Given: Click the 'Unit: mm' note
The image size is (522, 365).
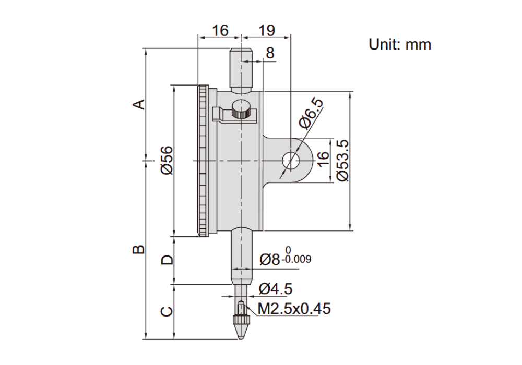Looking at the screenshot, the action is tap(399, 44).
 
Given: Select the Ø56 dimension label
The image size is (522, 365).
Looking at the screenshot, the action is tap(167, 160).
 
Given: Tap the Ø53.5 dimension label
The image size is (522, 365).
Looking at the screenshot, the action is tap(342, 161).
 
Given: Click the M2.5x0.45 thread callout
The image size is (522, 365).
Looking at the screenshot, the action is tap(294, 309).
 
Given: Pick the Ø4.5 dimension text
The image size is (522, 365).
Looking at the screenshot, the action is tap(276, 288).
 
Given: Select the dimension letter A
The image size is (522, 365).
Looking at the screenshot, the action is tap(139, 104).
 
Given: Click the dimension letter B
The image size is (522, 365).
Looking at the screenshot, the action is tap(139, 249).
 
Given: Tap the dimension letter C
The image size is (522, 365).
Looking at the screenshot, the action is tap(167, 311).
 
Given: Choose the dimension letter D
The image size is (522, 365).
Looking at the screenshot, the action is tap(167, 260).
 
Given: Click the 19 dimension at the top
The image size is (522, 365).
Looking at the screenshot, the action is tap(267, 31).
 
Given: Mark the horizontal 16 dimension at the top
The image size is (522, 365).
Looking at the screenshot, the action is tap(220, 31).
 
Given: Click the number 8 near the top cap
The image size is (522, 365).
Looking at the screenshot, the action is tap(270, 53).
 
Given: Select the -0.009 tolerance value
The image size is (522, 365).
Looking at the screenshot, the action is tap(296, 259).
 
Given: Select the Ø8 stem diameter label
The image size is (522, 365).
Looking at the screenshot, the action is tap(270, 260).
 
